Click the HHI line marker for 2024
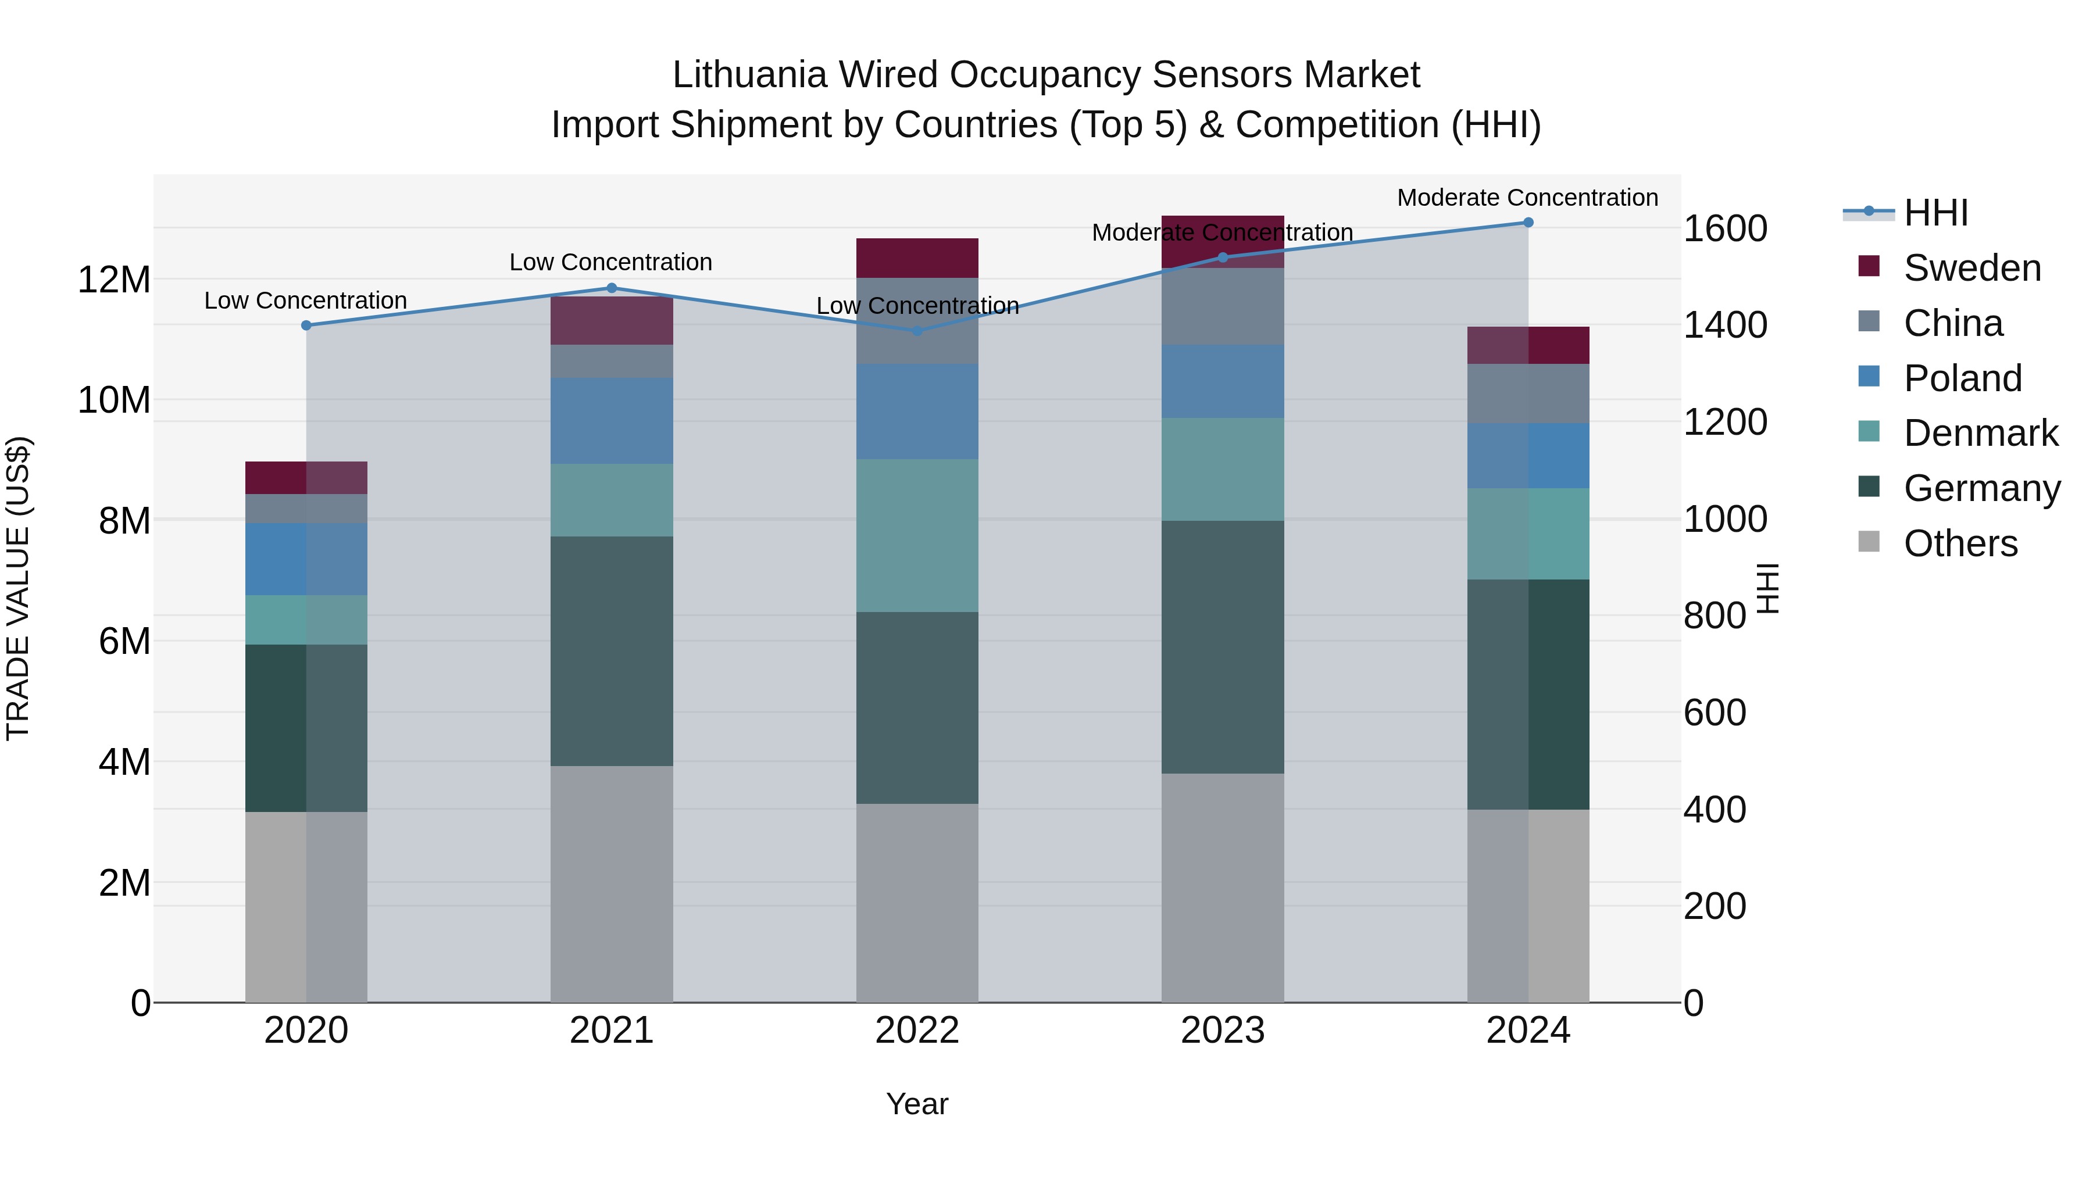point(1527,223)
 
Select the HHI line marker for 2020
point(306,325)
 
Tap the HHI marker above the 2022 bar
point(917,331)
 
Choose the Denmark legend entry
point(1980,433)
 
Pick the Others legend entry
point(1960,543)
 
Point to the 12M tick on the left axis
point(114,280)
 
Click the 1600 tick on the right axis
point(1724,229)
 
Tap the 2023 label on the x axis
point(1222,1031)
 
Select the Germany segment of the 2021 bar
point(612,650)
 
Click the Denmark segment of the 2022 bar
point(917,535)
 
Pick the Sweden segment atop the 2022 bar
point(917,257)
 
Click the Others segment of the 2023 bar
point(1222,887)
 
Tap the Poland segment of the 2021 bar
point(612,421)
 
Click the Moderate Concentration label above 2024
point(1527,198)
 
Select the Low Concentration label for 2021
point(611,262)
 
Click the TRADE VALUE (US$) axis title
point(19,588)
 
